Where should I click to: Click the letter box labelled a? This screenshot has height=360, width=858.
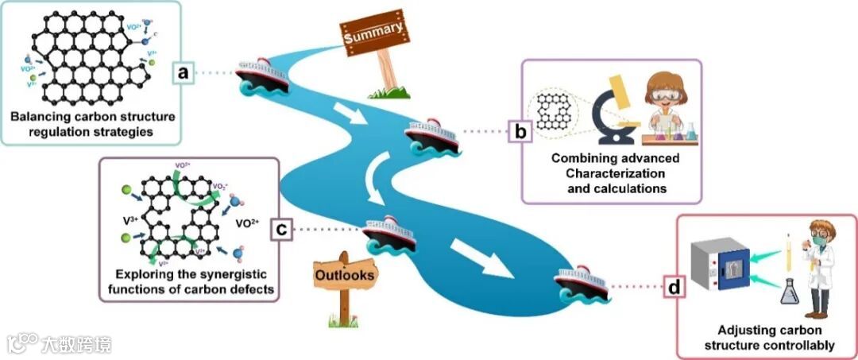coord(183,74)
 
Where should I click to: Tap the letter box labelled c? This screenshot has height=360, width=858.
coord(282,230)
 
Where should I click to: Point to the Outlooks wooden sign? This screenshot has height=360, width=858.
coord(346,276)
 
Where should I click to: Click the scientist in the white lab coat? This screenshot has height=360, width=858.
coord(816,262)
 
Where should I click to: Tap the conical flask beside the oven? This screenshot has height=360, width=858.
coord(790,292)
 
